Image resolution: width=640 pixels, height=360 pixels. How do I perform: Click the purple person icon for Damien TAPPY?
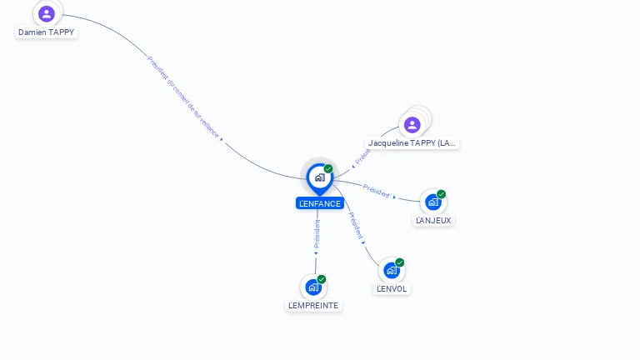tap(47, 13)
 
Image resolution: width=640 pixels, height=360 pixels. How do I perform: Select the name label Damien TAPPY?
tap(47, 32)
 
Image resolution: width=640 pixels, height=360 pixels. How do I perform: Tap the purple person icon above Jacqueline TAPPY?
tap(412, 125)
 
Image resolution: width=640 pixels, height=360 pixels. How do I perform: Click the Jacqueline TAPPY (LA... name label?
tap(412, 143)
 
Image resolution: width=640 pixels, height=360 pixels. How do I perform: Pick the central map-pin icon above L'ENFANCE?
tap(319, 177)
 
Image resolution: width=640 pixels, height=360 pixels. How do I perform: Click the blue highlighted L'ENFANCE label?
tap(319, 203)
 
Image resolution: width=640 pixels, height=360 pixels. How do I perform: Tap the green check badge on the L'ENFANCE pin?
tap(328, 169)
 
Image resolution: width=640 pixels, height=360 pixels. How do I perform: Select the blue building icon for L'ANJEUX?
tap(432, 202)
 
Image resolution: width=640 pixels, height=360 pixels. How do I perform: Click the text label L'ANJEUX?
tap(433, 221)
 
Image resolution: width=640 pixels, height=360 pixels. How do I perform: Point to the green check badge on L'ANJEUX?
tap(442, 194)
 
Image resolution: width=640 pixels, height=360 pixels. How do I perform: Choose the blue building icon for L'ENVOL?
tap(391, 270)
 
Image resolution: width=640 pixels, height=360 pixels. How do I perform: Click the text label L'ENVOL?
tap(392, 289)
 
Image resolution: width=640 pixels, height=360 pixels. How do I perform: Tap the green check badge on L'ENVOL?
tap(400, 262)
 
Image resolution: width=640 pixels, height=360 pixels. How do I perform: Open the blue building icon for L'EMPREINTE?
tap(312, 287)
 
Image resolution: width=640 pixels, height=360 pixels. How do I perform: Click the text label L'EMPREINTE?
tap(313, 306)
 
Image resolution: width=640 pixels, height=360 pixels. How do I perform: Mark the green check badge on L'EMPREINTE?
tap(322, 279)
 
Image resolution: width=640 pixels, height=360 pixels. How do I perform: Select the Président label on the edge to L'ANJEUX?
tap(377, 191)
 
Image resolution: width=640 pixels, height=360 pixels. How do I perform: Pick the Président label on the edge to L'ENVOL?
tap(356, 225)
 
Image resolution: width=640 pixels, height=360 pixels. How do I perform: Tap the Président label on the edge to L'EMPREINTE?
tap(317, 234)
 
